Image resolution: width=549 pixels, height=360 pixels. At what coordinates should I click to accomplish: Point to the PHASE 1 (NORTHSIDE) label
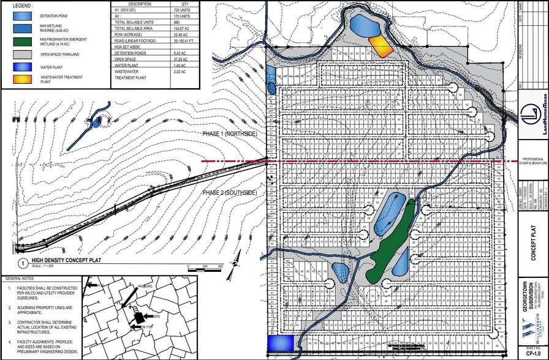230,133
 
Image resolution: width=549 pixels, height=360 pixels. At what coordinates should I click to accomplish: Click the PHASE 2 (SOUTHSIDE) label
230,193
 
